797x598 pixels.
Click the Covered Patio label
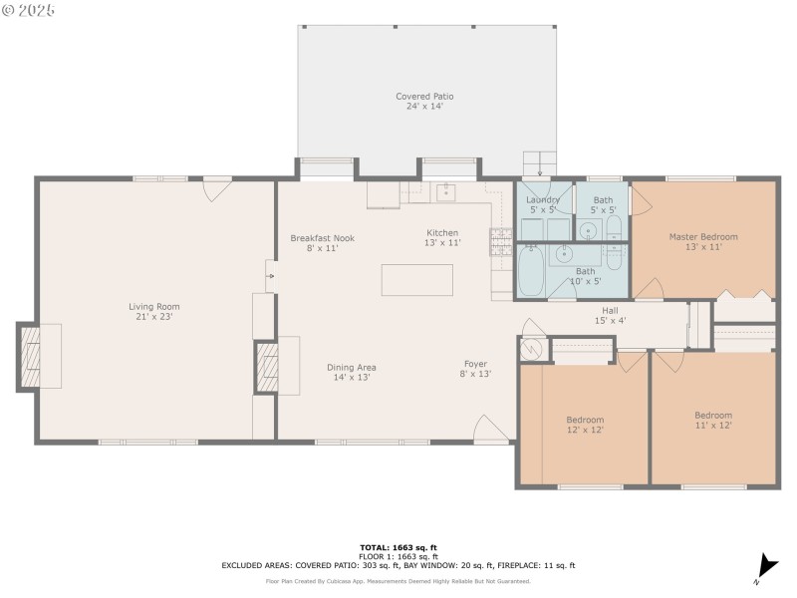click(424, 102)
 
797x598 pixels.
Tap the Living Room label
click(154, 311)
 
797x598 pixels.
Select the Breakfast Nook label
click(322, 243)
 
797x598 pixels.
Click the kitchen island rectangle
click(417, 280)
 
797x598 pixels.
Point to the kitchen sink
click(446, 192)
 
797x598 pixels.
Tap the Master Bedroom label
click(703, 241)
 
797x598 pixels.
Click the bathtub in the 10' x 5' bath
click(531, 270)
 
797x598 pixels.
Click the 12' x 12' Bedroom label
click(585, 425)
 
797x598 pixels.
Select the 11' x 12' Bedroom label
click(713, 420)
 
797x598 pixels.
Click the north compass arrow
click(767, 566)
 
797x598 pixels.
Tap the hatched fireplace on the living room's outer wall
click(30, 357)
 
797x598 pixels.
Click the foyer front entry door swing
click(491, 428)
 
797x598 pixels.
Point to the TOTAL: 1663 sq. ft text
click(398, 547)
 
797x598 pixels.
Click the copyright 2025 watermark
click(28, 10)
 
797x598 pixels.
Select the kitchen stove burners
click(501, 241)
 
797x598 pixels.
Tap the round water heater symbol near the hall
click(532, 349)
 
